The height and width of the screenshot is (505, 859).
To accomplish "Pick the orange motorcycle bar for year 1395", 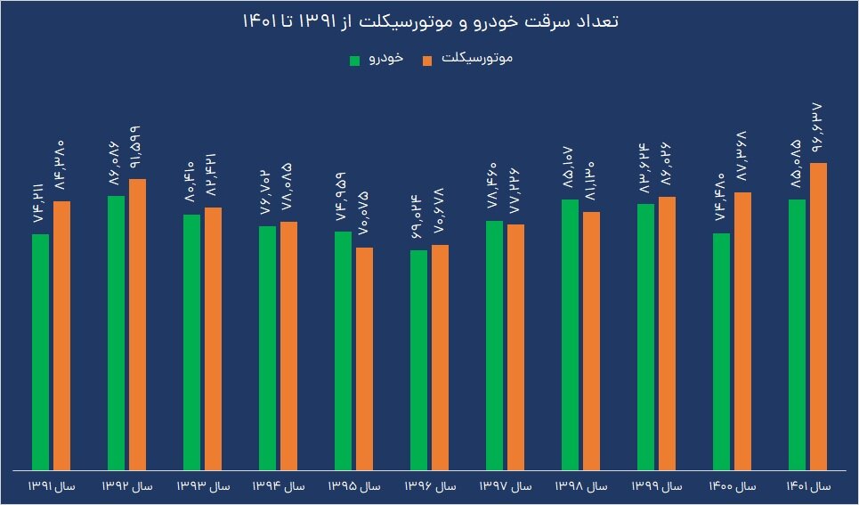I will coord(365,358).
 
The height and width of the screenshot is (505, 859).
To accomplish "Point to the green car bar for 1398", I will coord(571,334).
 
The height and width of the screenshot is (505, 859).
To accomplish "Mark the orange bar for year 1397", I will coord(516,346).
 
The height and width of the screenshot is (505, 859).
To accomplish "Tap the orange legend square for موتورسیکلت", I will coord(427,60).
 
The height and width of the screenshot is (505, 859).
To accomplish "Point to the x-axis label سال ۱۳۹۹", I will coord(656,486).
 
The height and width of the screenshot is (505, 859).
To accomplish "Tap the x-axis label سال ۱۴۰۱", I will coord(807,486).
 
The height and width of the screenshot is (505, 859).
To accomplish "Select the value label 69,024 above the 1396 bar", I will coord(418,217).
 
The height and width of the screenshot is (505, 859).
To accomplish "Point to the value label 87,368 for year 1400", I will coord(743,159).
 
